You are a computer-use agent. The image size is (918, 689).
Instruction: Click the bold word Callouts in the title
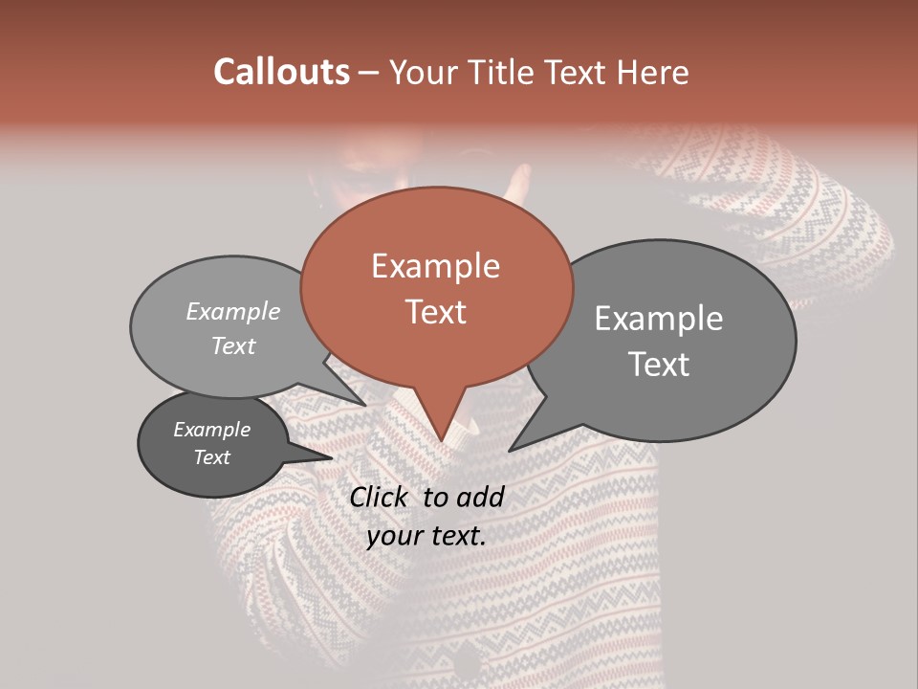tap(281, 72)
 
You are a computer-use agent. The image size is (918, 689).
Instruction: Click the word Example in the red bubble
tap(435, 266)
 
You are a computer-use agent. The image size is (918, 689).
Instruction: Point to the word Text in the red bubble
tap(436, 312)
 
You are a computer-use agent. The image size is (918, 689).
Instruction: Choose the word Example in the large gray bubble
tap(659, 319)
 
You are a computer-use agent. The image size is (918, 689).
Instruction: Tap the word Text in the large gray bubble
tap(660, 365)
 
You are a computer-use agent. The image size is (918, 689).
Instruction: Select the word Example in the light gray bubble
tap(233, 312)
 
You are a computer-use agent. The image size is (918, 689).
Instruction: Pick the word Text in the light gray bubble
tap(232, 345)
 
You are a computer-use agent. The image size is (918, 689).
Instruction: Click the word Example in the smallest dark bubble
tap(212, 430)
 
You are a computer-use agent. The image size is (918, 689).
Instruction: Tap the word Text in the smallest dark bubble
tap(212, 457)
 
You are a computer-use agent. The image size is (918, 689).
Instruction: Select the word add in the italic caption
tap(481, 497)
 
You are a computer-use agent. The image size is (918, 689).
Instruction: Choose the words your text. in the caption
tap(426, 536)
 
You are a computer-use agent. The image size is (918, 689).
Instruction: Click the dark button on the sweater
tap(470, 664)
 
